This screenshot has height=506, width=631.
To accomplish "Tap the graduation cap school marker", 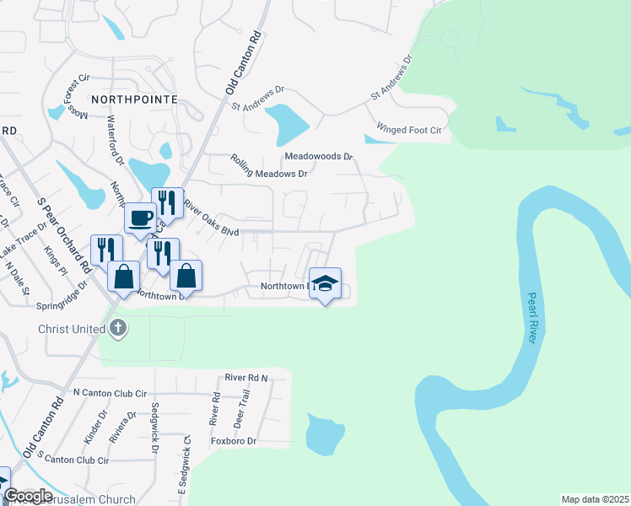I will coord(325,283).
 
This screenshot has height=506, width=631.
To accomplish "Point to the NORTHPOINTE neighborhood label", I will coord(134,100).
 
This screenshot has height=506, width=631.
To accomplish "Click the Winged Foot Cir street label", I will coord(409,130).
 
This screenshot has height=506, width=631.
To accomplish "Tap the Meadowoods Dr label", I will coord(318,157).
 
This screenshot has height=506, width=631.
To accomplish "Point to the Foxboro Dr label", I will coord(233,441).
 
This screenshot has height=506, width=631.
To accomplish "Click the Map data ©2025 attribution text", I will coord(595,498).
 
